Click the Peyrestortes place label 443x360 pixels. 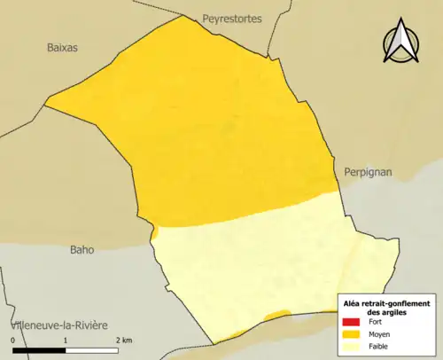(232, 19)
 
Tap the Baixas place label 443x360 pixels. (62, 48)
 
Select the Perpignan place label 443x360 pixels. (367, 172)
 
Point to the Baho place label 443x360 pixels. (82, 250)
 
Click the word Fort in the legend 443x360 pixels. (376, 321)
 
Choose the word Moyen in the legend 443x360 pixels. (380, 333)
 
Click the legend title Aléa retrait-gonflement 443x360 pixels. (386, 303)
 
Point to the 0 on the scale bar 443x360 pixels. (12, 340)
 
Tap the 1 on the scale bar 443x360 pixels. (65, 340)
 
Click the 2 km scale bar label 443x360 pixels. (122, 340)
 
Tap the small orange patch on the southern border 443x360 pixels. (276, 315)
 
